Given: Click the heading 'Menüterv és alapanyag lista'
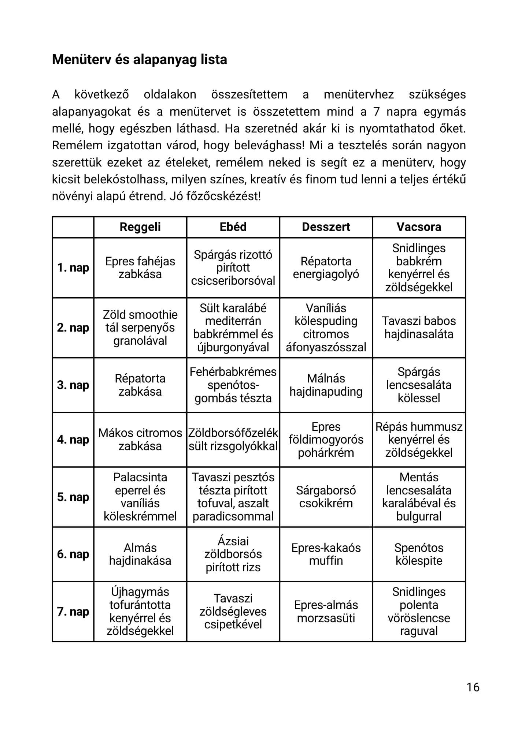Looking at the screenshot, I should [x=139, y=59].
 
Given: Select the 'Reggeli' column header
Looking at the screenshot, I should [x=140, y=227].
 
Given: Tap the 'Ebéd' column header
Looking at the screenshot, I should [x=233, y=227].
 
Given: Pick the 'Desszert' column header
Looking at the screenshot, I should [x=326, y=227].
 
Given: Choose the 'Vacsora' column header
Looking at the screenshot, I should [x=419, y=227].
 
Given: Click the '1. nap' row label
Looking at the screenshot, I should [x=73, y=268].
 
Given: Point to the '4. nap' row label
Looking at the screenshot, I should [x=73, y=440].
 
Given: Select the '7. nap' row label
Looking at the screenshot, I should [x=73, y=612].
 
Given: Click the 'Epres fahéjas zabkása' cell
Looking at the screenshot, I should [x=140, y=268].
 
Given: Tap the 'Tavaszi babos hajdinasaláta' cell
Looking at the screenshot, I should [x=419, y=328].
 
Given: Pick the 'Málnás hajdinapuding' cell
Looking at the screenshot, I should [x=326, y=385].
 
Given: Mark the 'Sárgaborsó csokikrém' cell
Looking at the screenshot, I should [x=326, y=497].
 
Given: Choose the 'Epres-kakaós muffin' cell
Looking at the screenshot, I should [x=326, y=554].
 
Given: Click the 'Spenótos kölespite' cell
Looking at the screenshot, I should [x=419, y=554].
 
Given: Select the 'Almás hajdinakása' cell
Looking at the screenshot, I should [x=140, y=554].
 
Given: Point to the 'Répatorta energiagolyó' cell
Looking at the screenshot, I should [x=326, y=268].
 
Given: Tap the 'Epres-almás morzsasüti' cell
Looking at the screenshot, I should [x=326, y=612].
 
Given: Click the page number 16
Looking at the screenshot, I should [x=473, y=687].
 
